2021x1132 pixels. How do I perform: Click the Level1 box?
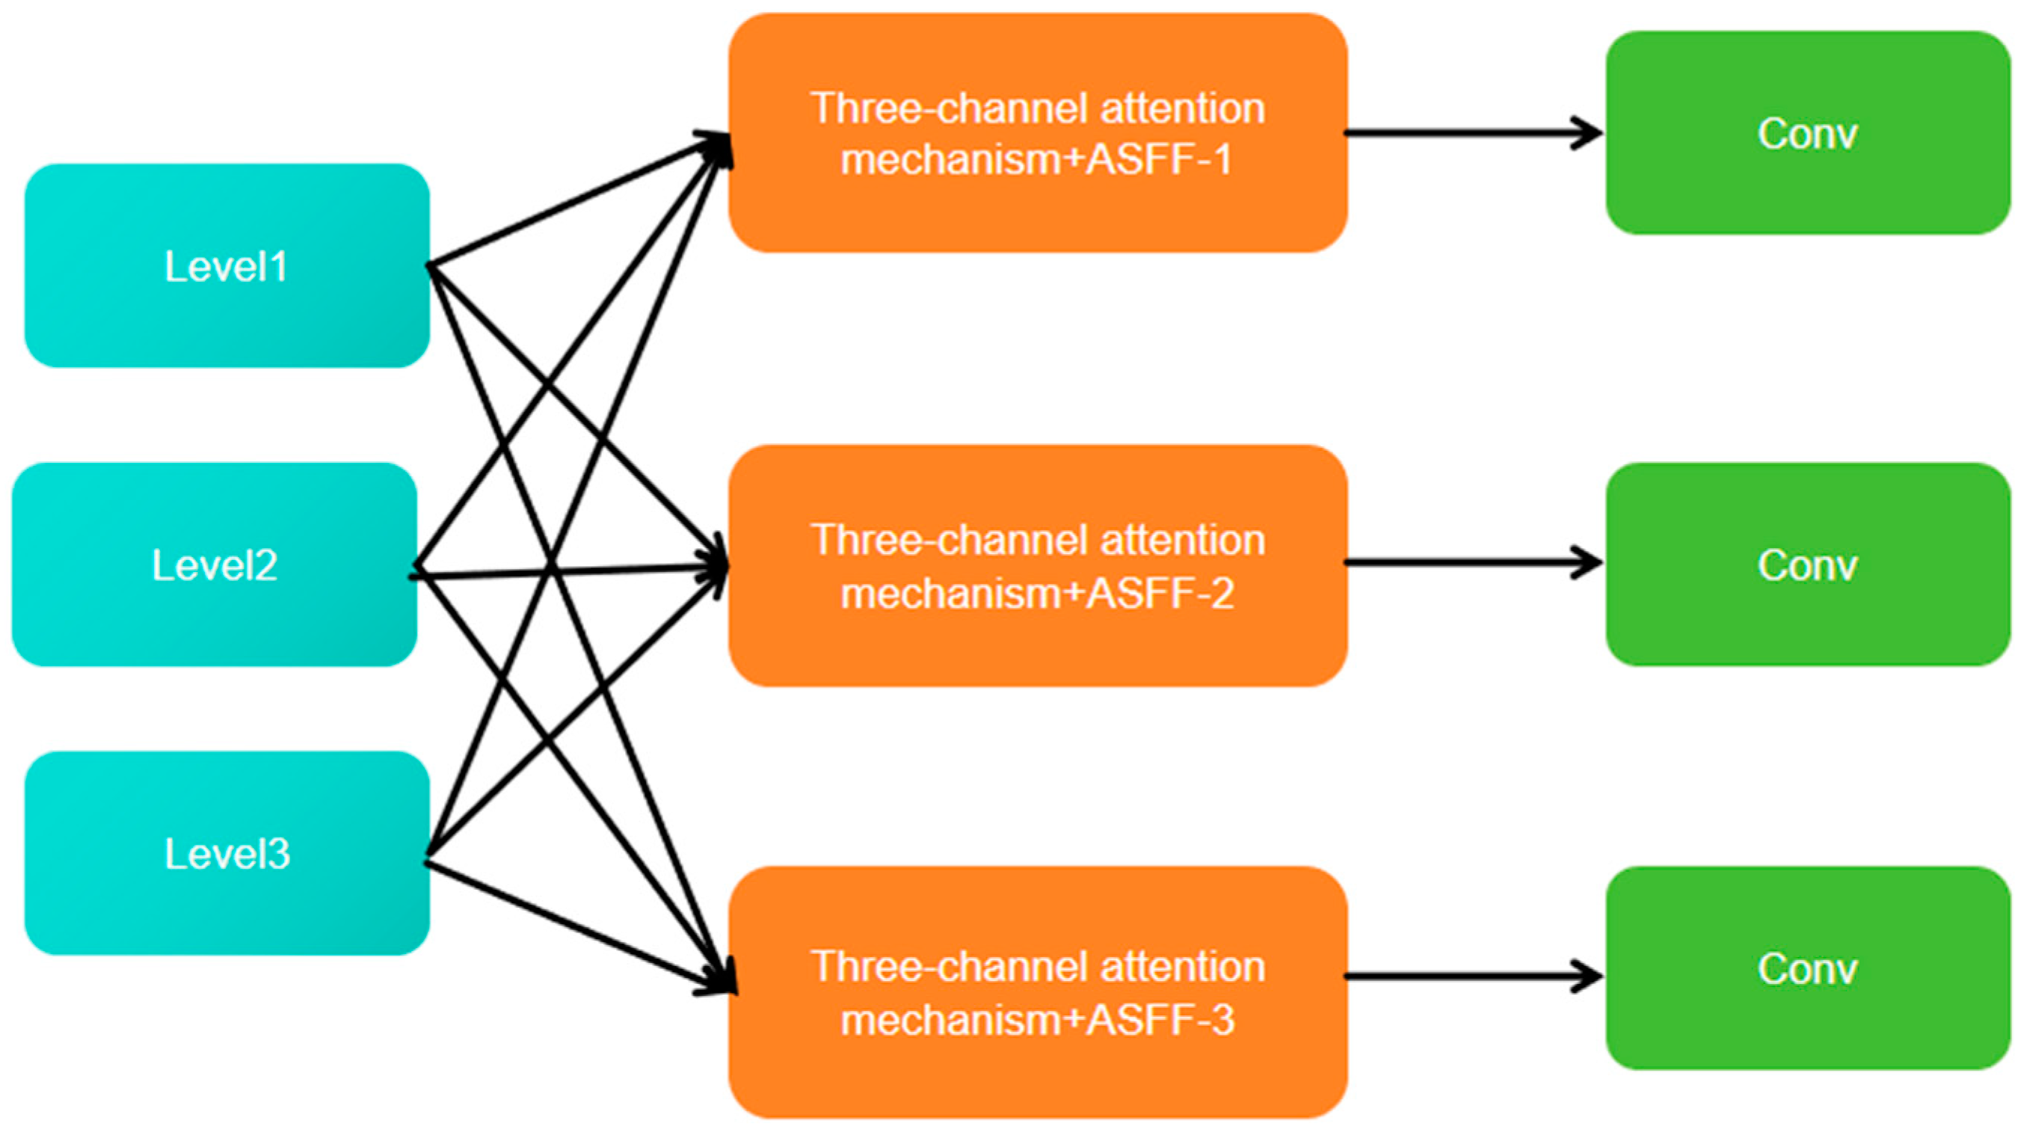pyautogui.click(x=227, y=266)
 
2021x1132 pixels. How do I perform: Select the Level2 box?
pyautogui.click(x=214, y=565)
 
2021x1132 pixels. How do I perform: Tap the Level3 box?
pyautogui.click(x=227, y=854)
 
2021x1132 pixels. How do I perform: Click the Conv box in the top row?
pyautogui.click(x=1807, y=133)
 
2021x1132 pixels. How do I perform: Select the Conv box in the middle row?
pyautogui.click(x=1807, y=565)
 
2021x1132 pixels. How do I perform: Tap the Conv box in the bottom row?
pyautogui.click(x=1807, y=968)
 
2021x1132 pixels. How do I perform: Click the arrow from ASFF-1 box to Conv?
pyautogui.click(x=1467, y=133)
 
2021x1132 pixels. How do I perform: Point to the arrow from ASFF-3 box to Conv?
pyautogui.click(x=1467, y=976)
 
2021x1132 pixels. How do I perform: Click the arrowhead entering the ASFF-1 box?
pyautogui.click(x=718, y=145)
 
